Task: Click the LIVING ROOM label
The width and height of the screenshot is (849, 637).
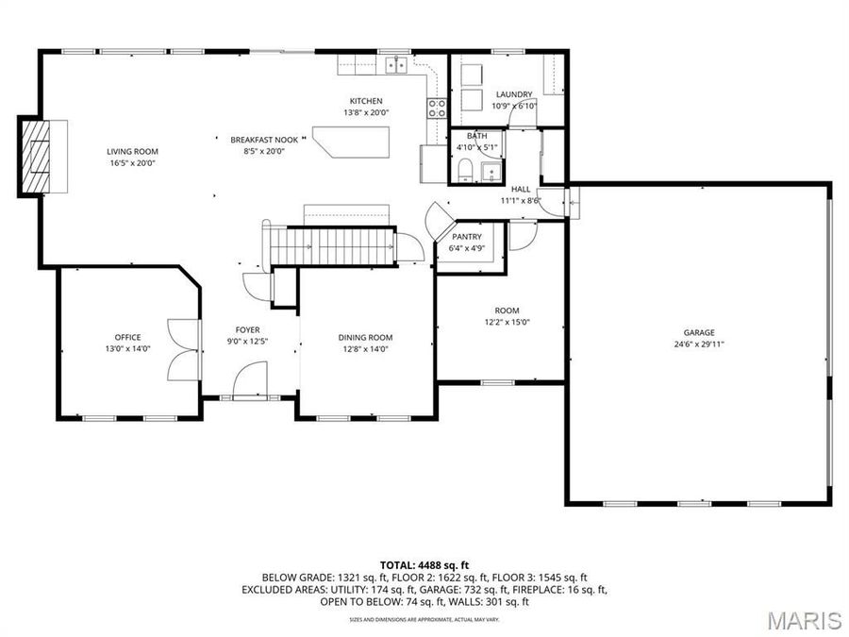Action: [x=132, y=151]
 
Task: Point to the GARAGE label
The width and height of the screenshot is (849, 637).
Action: [x=699, y=332]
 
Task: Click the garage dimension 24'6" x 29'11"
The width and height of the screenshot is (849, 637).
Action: [x=699, y=344]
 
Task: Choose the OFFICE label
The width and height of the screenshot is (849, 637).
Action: [x=127, y=337]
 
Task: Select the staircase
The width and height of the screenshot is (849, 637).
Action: [x=330, y=247]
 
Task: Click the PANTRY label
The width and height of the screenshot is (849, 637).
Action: [x=467, y=237]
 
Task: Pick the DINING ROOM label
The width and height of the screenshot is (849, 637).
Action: [x=365, y=337]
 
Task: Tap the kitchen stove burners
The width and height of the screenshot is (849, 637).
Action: [x=438, y=108]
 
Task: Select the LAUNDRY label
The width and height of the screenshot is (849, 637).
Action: [x=514, y=94]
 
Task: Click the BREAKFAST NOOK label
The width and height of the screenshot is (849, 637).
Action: [x=258, y=140]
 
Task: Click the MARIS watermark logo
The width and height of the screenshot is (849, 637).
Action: [x=804, y=619]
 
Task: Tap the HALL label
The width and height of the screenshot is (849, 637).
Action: [x=520, y=189]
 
